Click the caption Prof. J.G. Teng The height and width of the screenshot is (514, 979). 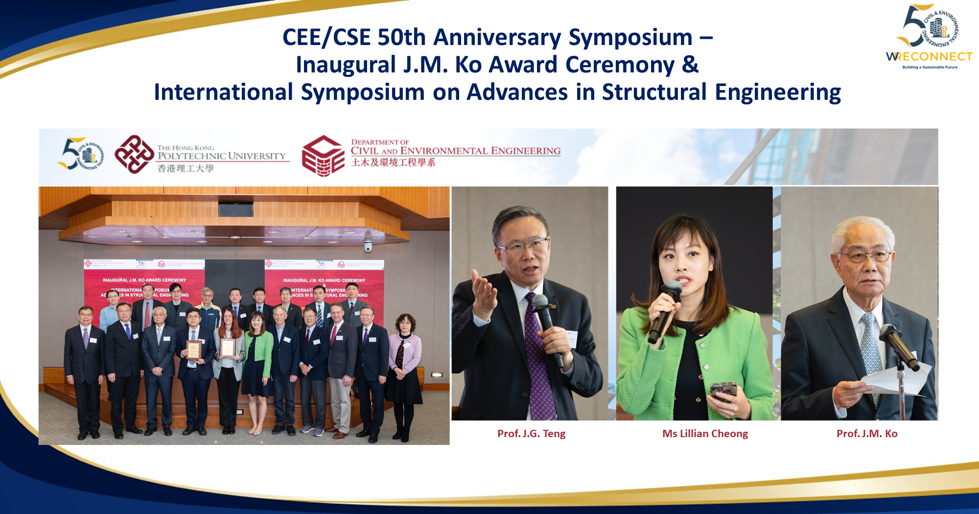pos(531,434)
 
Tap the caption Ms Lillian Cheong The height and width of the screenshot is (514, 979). pos(705,434)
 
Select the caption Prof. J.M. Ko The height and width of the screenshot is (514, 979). pos(867,434)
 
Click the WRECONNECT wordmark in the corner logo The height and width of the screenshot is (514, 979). pos(929,57)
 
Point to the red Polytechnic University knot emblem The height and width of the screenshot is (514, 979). pos(134,155)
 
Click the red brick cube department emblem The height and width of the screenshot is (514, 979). pos(323,156)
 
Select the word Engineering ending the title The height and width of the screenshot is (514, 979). pos(778,92)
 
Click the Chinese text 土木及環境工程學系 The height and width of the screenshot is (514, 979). pos(393,163)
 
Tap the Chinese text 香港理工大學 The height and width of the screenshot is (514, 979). pos(186,168)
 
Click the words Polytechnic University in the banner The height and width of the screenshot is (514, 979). pos(221,156)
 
